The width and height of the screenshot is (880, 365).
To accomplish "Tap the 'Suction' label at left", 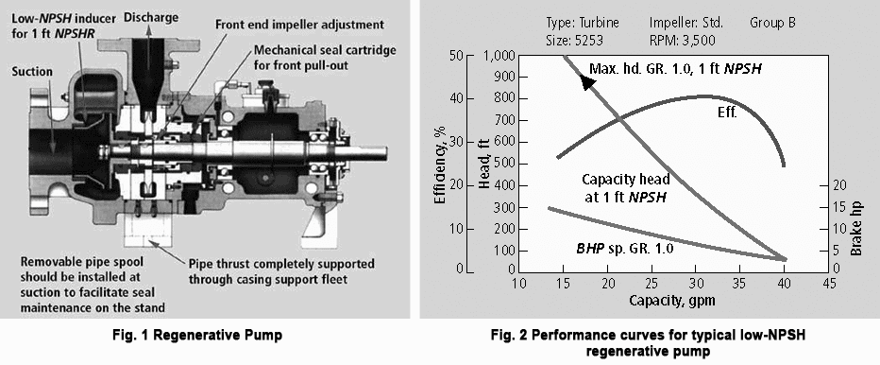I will (x=33, y=71).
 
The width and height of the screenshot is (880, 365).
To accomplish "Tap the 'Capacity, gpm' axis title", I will (x=673, y=302).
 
